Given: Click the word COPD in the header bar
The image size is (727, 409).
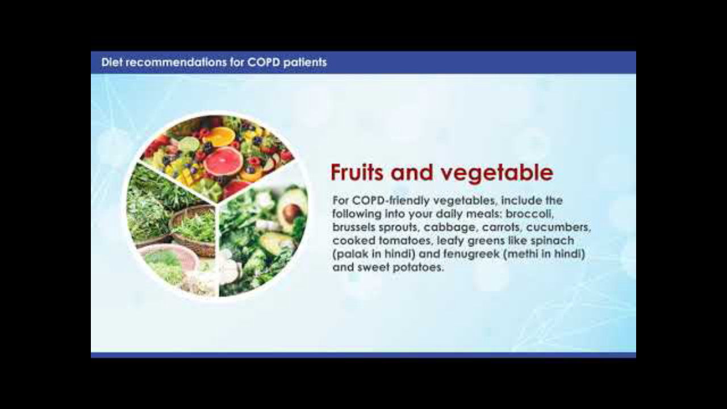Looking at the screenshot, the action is (263, 62).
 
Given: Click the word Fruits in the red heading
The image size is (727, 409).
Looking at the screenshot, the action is (357, 172).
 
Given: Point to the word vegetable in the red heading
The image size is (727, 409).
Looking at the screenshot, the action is (496, 173).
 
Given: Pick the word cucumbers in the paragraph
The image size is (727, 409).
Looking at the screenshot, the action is (558, 228).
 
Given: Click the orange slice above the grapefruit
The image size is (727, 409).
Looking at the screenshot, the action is (222, 136).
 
